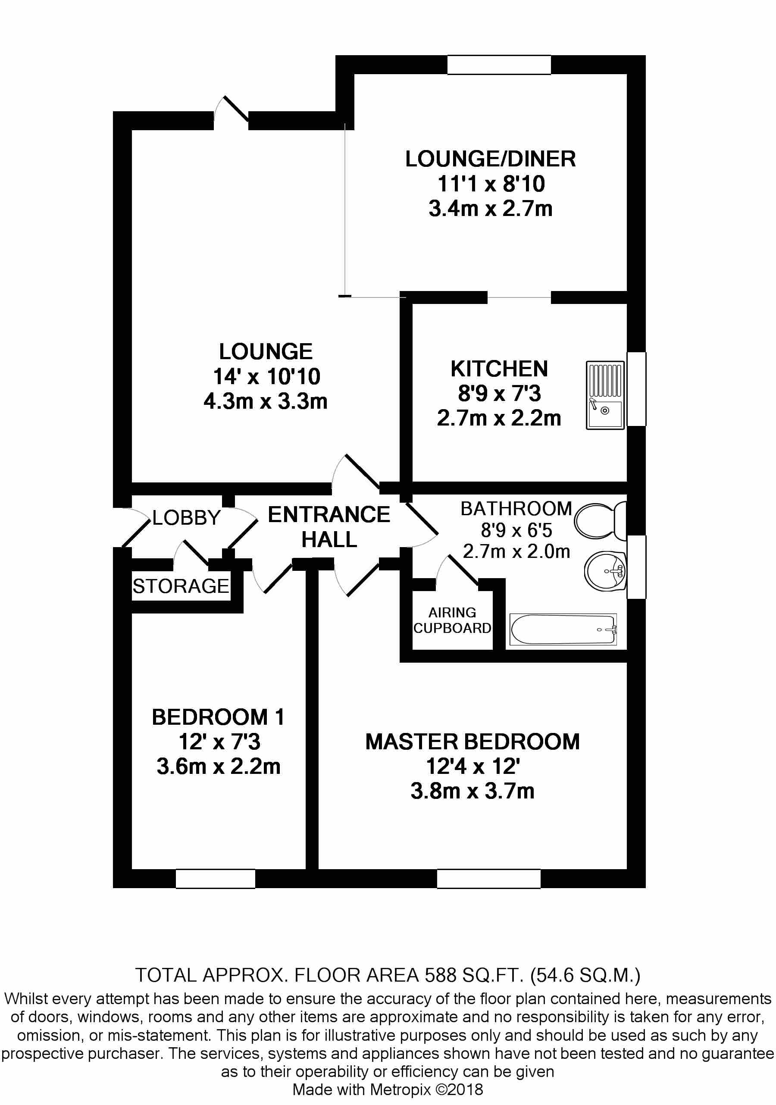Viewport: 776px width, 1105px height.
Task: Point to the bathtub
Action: point(563,629)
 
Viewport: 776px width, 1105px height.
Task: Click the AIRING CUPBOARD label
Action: point(452,620)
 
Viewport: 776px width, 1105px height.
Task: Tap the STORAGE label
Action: point(181,586)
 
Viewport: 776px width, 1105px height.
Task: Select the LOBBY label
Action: point(186,518)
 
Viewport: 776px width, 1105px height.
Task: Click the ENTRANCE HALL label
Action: point(329,527)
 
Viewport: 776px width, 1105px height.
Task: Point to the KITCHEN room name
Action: point(499,369)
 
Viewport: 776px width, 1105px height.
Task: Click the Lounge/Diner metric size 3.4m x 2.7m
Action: point(491,209)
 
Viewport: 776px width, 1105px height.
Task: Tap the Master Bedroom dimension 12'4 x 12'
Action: point(473,766)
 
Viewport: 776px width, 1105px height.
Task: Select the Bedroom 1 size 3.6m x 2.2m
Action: point(219,766)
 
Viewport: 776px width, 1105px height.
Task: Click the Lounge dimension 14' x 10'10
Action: point(267,376)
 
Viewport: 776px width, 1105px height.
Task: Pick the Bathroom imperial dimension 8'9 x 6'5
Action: point(516,530)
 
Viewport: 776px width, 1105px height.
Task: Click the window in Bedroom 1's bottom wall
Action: point(215,878)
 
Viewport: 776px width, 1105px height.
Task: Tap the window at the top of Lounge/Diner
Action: point(499,65)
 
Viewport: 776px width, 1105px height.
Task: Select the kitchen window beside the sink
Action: point(636,389)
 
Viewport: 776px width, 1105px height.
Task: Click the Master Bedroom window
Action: point(488,878)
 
